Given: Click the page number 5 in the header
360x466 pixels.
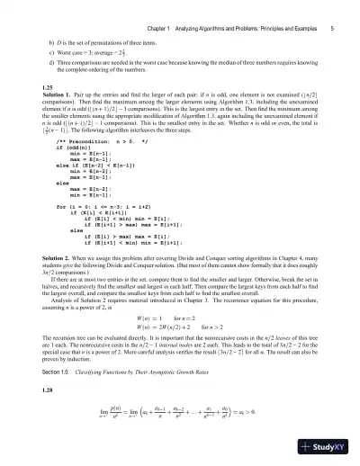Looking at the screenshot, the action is coord(332,6).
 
